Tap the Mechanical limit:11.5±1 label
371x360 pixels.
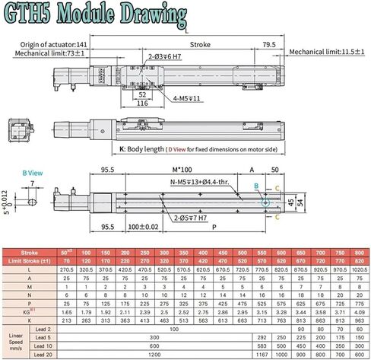pos(328,52)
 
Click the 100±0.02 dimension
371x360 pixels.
pos(144,227)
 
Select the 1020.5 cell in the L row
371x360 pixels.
pos(359,269)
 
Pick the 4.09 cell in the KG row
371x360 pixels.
pos(359,311)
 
